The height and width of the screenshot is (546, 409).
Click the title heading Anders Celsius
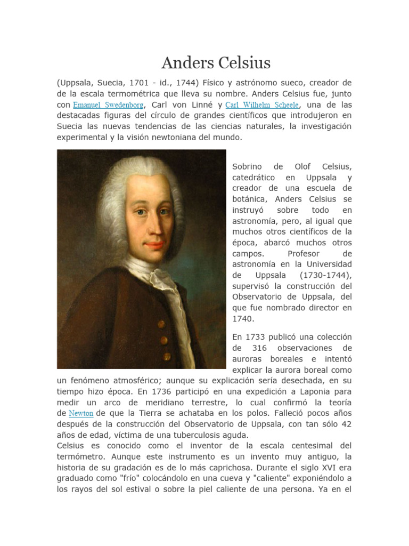[x=216, y=63]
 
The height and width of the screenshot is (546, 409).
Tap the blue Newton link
[x=81, y=413]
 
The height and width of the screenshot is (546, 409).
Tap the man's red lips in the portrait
[x=154, y=245]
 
